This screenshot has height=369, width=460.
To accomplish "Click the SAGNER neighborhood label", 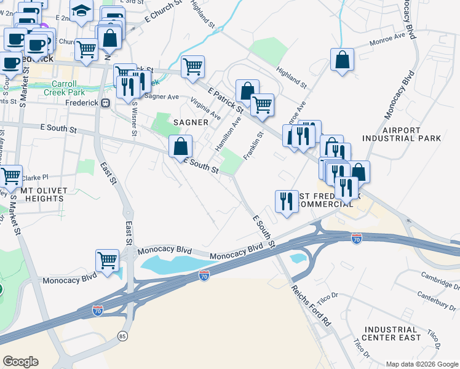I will tap(191, 122).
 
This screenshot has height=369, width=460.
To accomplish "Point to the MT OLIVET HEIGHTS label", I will tap(51, 195).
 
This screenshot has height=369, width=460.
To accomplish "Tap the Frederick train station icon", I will tap(106, 103).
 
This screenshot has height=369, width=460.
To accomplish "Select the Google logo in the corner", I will tap(20, 362).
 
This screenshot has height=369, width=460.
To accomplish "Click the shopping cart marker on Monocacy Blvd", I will tap(108, 260).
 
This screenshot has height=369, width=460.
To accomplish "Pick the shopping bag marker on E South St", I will tap(181, 146).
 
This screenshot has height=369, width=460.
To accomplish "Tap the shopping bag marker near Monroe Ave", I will tap(342, 60).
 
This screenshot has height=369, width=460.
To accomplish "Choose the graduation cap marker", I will tap(81, 10).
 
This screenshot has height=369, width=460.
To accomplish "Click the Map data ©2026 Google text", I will tap(421, 364).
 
